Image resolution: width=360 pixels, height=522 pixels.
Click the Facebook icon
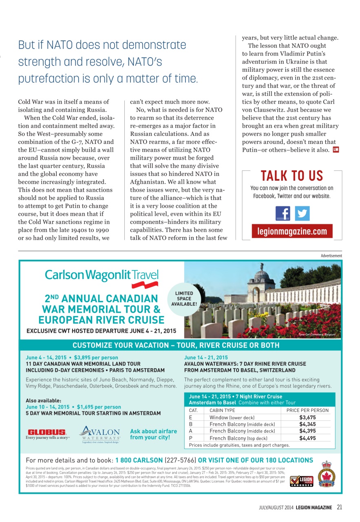click(x=283, y=213)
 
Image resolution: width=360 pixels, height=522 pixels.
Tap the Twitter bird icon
click(x=302, y=213)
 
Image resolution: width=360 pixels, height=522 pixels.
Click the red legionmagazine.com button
click(x=292, y=231)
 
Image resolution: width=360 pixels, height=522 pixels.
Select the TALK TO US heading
click(x=292, y=176)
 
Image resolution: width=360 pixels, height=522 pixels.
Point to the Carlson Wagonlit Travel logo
click(x=102, y=276)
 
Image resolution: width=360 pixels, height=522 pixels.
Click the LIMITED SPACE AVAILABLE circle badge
click(x=184, y=299)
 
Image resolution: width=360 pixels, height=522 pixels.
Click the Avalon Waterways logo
click(x=99, y=434)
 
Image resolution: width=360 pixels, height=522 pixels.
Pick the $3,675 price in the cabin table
click(x=308, y=417)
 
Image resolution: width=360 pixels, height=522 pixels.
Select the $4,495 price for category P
click(x=308, y=438)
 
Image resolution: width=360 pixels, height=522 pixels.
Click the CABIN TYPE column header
click(x=222, y=410)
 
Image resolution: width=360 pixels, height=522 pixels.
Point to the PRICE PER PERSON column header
click(x=308, y=410)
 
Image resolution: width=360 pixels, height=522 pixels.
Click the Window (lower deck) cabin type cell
click(x=232, y=417)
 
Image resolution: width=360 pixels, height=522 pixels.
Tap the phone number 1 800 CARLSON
click(x=139, y=460)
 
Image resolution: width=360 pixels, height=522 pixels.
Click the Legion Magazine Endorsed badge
click(x=302, y=481)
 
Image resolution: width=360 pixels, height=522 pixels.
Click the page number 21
click(x=339, y=507)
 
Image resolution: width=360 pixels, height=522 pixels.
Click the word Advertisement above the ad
click(x=331, y=256)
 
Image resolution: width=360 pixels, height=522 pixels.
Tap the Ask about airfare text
click(x=153, y=434)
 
